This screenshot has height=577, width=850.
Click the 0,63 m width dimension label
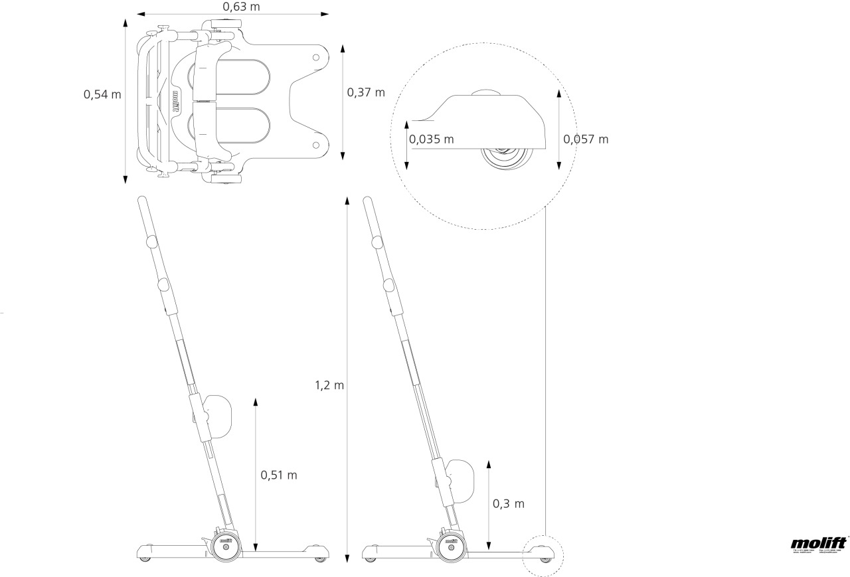[x=241, y=7]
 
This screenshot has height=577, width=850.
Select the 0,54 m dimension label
[x=102, y=94]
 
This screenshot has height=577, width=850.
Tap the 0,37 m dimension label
[x=366, y=92]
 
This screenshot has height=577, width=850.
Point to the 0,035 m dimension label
[x=432, y=139]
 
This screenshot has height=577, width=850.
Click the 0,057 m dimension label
[x=586, y=139]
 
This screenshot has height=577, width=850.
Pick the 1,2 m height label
[x=329, y=385]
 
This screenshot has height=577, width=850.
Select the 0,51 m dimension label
[x=279, y=475]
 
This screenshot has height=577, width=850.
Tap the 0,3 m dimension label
[x=509, y=503]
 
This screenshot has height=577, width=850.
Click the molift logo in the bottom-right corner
[x=819, y=544]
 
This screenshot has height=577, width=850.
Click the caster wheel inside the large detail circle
[x=507, y=159]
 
